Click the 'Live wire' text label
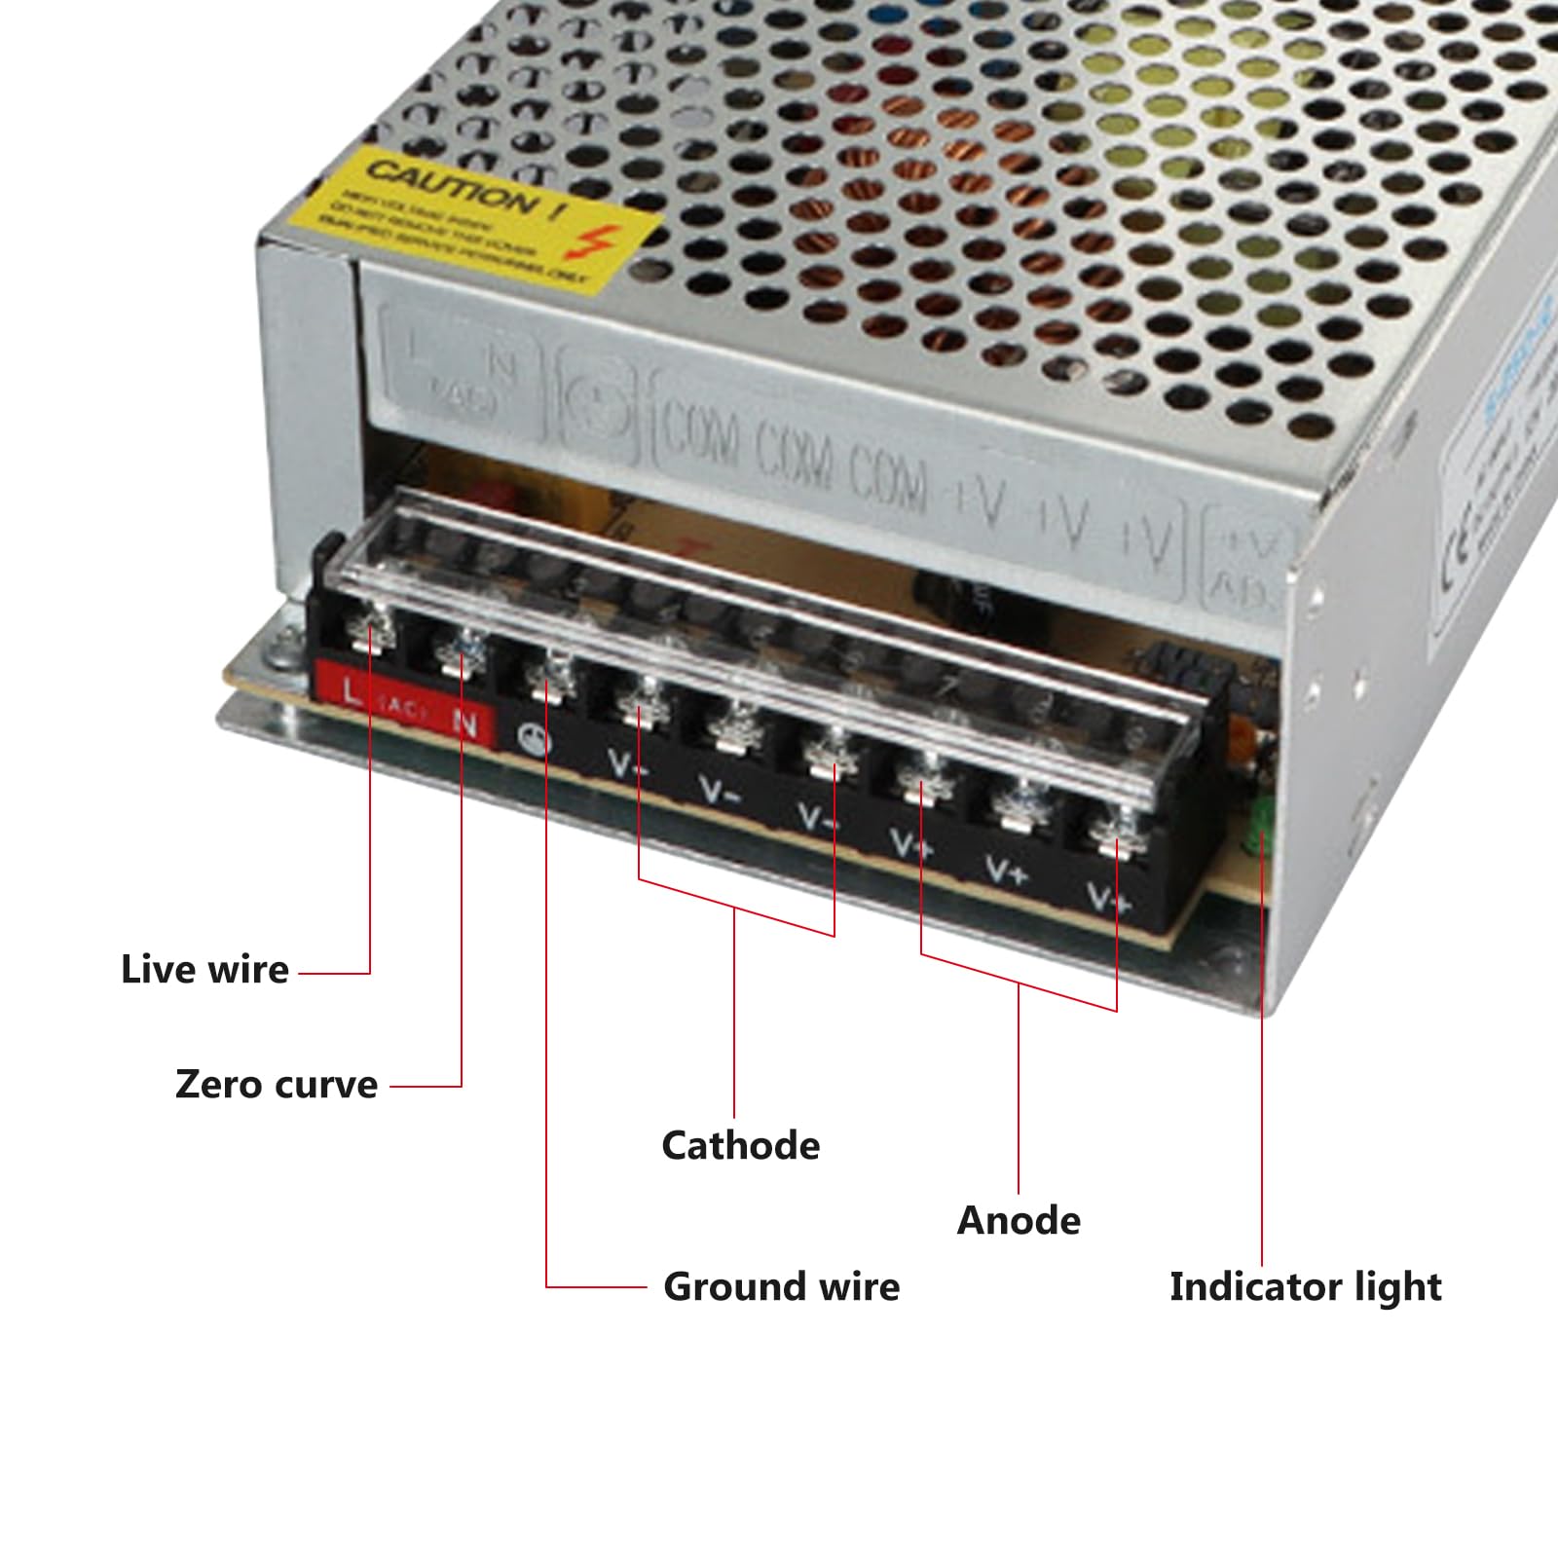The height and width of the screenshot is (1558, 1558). coord(204,970)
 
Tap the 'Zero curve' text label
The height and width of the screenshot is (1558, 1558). coord(277,1085)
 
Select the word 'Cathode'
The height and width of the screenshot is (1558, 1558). coord(740,1146)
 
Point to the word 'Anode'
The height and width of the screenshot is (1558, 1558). coord(1019,1221)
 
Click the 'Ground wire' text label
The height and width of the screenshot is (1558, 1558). coord(781,1287)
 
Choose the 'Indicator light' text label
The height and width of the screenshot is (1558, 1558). coord(1305,1287)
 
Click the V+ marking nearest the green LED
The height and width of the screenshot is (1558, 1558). coord(1107,898)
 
